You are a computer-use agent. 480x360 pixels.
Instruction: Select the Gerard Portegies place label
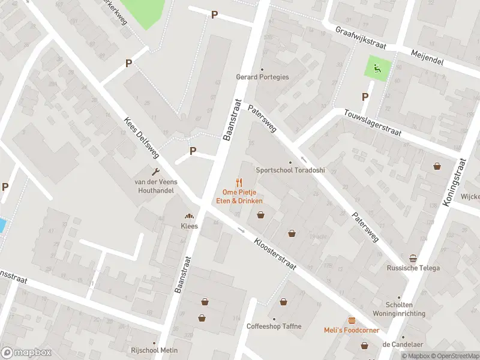[x=262, y=77]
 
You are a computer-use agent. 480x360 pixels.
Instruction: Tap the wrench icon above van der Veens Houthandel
[x=157, y=172]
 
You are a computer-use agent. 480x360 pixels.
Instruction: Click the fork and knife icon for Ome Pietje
[x=239, y=182]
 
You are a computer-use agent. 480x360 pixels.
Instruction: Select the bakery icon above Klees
[x=190, y=217]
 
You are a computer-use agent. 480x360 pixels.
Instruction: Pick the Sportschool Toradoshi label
[x=290, y=170]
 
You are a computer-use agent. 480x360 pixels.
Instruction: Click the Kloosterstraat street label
[x=275, y=255]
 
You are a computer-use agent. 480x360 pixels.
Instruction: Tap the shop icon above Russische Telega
[x=413, y=259]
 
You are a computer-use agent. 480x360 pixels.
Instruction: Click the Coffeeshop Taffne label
[x=274, y=326]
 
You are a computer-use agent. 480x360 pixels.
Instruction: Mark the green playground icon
[x=377, y=68]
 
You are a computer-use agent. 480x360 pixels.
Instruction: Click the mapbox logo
[x=25, y=352]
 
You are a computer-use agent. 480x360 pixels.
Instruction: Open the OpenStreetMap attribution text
[x=454, y=356]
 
